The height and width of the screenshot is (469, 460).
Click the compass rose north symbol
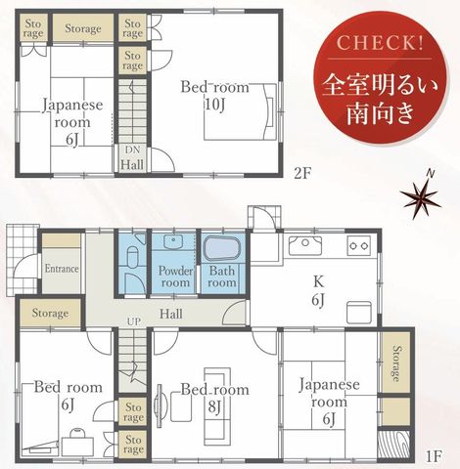point(422,196)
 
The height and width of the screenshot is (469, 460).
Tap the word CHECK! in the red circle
point(380,43)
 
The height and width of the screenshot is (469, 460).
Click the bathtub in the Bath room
point(222,249)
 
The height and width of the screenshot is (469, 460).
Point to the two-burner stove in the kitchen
point(359,245)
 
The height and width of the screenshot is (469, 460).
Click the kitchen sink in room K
point(305,244)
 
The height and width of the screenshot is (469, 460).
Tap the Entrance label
point(62,269)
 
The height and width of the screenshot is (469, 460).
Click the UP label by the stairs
point(134,321)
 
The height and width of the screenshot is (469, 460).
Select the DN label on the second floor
point(132,150)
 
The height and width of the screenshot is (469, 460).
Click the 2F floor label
point(301,174)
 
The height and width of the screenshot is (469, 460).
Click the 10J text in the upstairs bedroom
point(214,105)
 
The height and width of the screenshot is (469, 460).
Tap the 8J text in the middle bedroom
point(214,406)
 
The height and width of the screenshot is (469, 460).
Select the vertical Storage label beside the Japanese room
point(396,363)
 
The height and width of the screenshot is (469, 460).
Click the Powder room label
point(175,277)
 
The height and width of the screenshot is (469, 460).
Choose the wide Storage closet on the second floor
point(83,27)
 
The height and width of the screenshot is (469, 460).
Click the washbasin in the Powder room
point(173,241)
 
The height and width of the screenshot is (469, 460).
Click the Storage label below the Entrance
point(50,313)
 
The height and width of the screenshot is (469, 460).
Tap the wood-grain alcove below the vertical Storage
point(393,445)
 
